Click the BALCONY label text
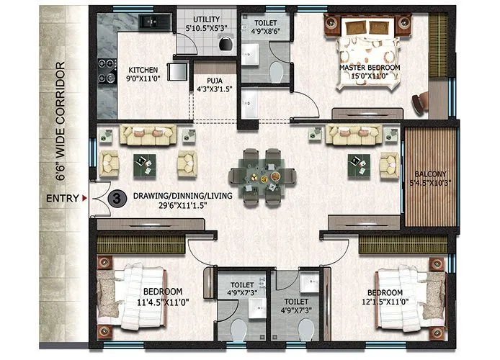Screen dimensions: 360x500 pos(431,174)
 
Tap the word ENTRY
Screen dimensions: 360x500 pos(62,198)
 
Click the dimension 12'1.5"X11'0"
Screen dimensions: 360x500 pos(390,301)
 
